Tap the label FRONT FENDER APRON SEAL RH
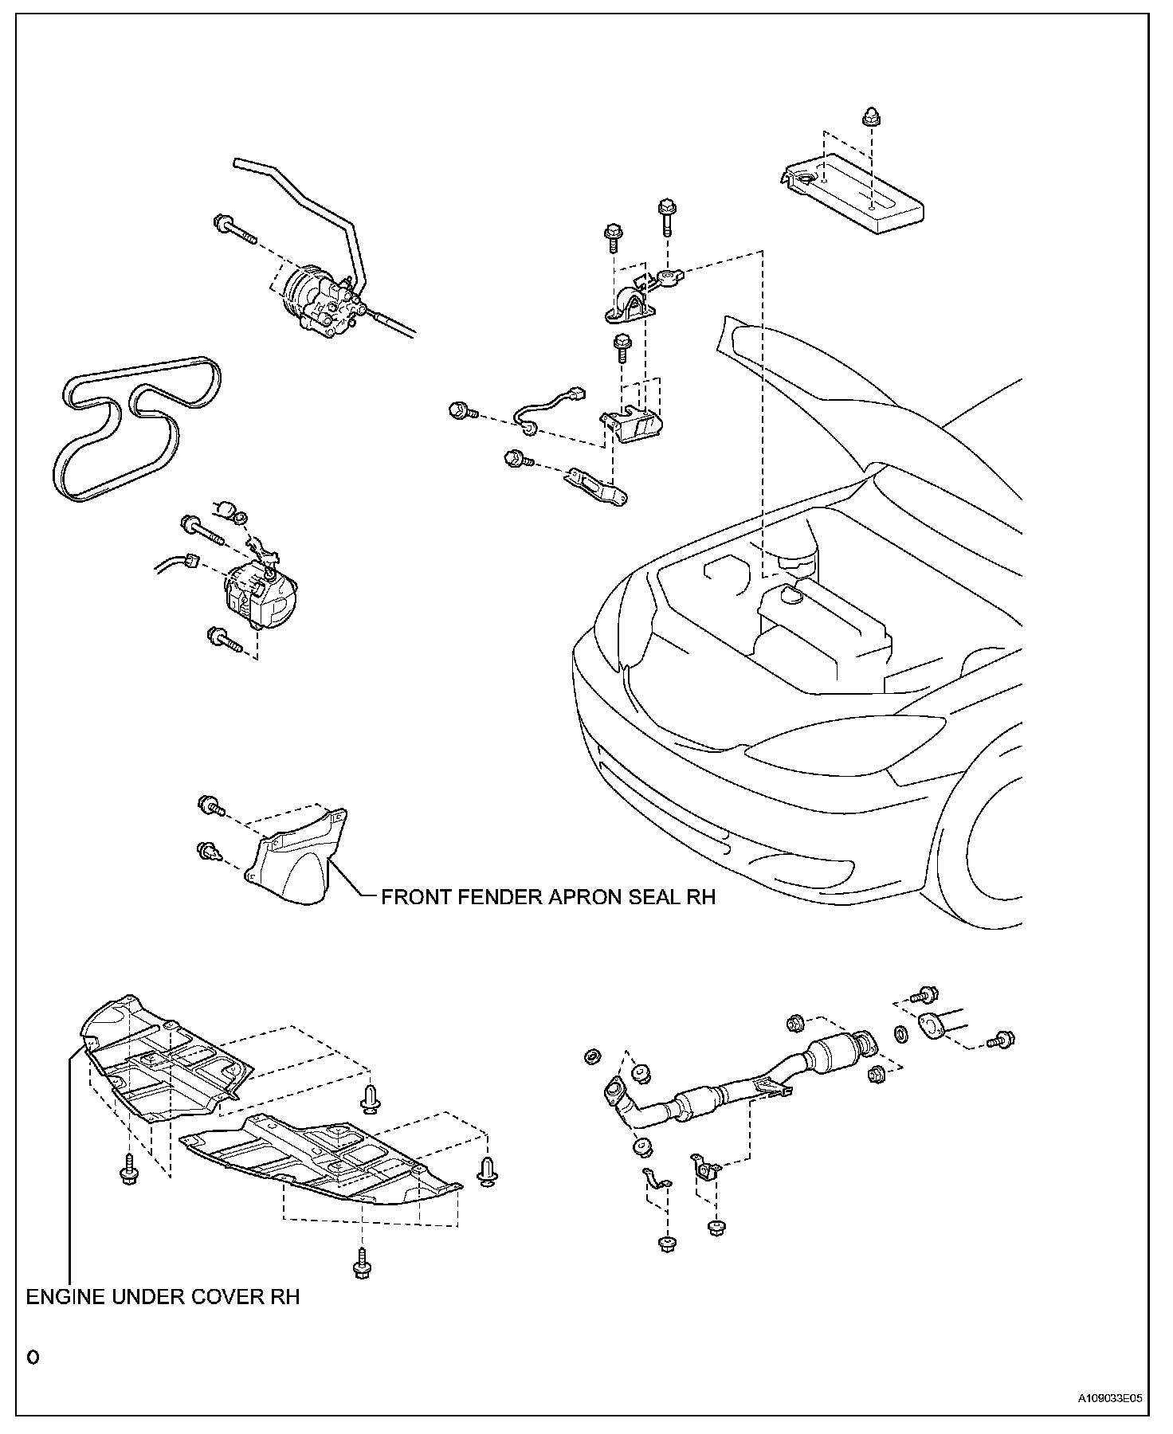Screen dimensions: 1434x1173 coord(548,897)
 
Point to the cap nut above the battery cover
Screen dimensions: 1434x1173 coord(871,117)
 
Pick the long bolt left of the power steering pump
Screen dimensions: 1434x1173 coord(233,229)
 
